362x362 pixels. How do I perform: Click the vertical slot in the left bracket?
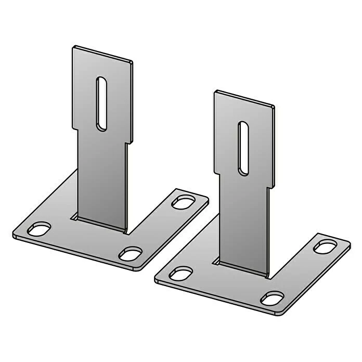[102, 104]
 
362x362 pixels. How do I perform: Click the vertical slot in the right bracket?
[243, 148]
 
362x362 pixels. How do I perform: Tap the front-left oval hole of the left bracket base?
[40, 229]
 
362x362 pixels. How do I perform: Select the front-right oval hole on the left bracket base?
[130, 254]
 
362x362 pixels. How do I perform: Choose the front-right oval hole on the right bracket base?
[272, 298]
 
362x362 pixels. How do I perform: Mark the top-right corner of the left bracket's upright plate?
[132, 62]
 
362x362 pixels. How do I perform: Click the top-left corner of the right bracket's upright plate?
[216, 92]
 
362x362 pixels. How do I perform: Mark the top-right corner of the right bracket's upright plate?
[274, 107]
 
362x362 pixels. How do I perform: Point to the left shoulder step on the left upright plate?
[76, 128]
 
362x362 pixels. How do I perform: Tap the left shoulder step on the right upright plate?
[218, 173]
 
